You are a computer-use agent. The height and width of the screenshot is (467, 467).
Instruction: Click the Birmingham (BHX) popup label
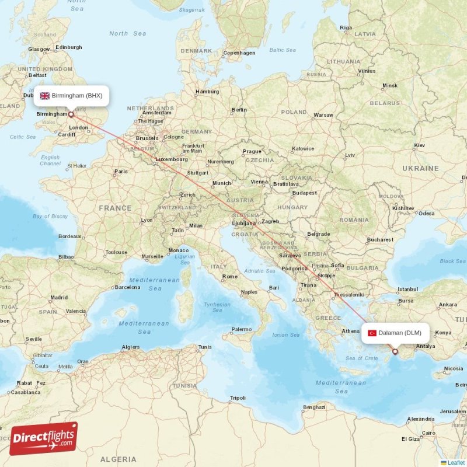[x=71, y=96]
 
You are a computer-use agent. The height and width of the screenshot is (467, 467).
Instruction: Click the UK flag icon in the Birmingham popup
[x=45, y=96]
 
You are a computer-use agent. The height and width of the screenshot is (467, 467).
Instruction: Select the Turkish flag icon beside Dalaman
[x=372, y=333]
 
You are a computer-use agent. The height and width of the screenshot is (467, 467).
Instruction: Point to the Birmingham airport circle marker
[x=71, y=114]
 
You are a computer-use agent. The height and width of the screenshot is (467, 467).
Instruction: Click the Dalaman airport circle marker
[x=395, y=351]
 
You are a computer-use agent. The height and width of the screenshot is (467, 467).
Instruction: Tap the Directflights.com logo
[x=44, y=438]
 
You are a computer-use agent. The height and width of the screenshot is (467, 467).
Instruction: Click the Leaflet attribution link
[x=455, y=462]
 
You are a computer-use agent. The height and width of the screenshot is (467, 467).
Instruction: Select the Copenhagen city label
[x=239, y=53]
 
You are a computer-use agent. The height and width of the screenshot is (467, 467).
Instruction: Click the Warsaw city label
[x=323, y=115]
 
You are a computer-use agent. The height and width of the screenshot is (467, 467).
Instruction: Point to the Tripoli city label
[x=238, y=398]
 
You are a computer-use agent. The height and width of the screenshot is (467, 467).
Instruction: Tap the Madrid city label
[x=58, y=297]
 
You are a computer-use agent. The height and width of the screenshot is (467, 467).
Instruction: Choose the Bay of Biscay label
[x=50, y=217]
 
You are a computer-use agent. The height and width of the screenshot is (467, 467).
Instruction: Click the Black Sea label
[x=452, y=261]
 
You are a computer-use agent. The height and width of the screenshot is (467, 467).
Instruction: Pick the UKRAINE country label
[x=420, y=168]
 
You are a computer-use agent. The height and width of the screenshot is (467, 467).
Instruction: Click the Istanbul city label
[x=407, y=289]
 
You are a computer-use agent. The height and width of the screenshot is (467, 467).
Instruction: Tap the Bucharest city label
[x=380, y=239]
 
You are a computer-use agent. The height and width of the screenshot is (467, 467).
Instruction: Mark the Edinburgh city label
[x=69, y=47]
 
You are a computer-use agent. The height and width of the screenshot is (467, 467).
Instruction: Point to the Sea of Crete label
[x=361, y=358]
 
